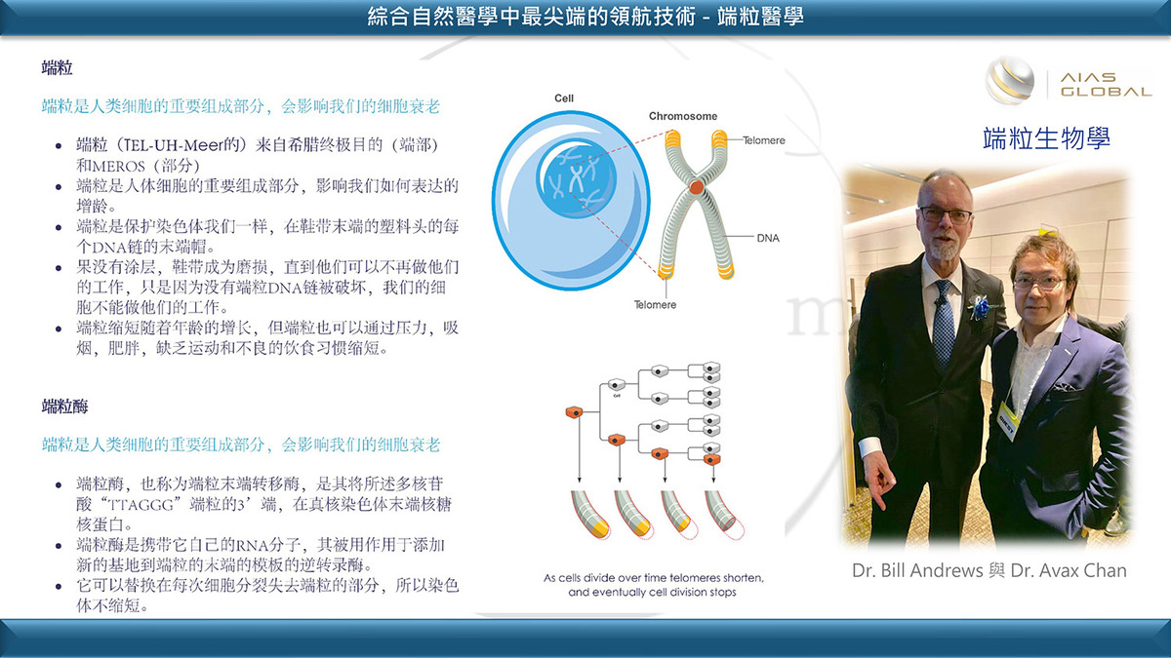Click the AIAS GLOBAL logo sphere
(x=1009, y=81)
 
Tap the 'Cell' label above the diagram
(x=564, y=98)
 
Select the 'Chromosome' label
(x=683, y=116)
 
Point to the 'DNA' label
(x=768, y=238)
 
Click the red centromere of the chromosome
(x=696, y=187)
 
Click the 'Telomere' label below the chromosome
(x=655, y=304)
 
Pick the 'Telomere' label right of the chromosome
(x=764, y=140)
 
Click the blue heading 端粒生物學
(x=1046, y=138)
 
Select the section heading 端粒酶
(x=64, y=406)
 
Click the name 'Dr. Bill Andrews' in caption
(x=917, y=570)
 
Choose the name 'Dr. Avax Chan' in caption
(x=1069, y=570)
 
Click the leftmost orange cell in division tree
(x=574, y=412)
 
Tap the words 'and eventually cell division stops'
(x=653, y=593)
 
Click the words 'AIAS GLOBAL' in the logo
(x=1106, y=85)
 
